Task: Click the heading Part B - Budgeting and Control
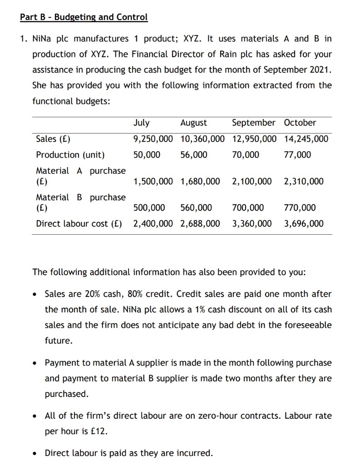click(x=84, y=17)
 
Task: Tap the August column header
click(x=193, y=123)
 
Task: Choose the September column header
click(x=253, y=123)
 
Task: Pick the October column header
click(x=300, y=123)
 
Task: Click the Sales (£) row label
click(x=53, y=139)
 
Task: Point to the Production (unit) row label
click(x=70, y=155)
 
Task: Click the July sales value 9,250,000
click(x=153, y=139)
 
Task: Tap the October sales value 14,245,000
click(x=306, y=139)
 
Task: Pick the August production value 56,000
click(x=194, y=155)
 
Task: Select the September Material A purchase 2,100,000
click(x=252, y=182)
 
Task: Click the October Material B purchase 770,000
click(x=300, y=208)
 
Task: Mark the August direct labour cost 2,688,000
click(x=200, y=223)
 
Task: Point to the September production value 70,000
click(x=246, y=155)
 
